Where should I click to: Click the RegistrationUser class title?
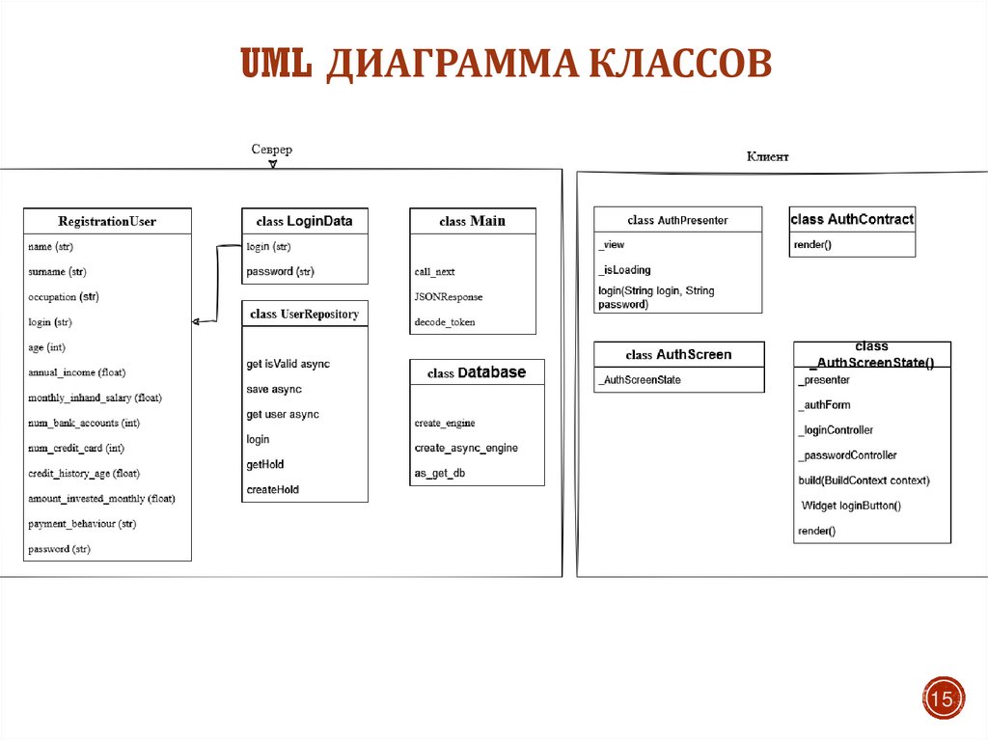point(107,221)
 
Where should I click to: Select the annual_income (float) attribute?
point(77,372)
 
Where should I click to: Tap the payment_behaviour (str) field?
point(82,524)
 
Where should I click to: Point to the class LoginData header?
point(304,221)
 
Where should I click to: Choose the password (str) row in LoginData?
point(281,271)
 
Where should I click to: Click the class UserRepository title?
point(304,314)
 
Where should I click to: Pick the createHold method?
point(273,489)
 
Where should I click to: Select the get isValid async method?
point(288,364)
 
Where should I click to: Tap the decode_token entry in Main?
point(445,322)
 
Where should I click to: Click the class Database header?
point(477,372)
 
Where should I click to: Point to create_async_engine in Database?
point(466,448)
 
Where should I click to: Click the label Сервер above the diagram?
point(271,150)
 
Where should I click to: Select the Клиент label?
point(767,156)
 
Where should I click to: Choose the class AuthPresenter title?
point(677,220)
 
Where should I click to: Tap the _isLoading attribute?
point(624,270)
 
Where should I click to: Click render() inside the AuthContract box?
point(812,245)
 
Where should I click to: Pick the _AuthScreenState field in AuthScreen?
point(640,380)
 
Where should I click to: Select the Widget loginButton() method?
point(851,506)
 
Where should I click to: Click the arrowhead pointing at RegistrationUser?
point(196,321)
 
